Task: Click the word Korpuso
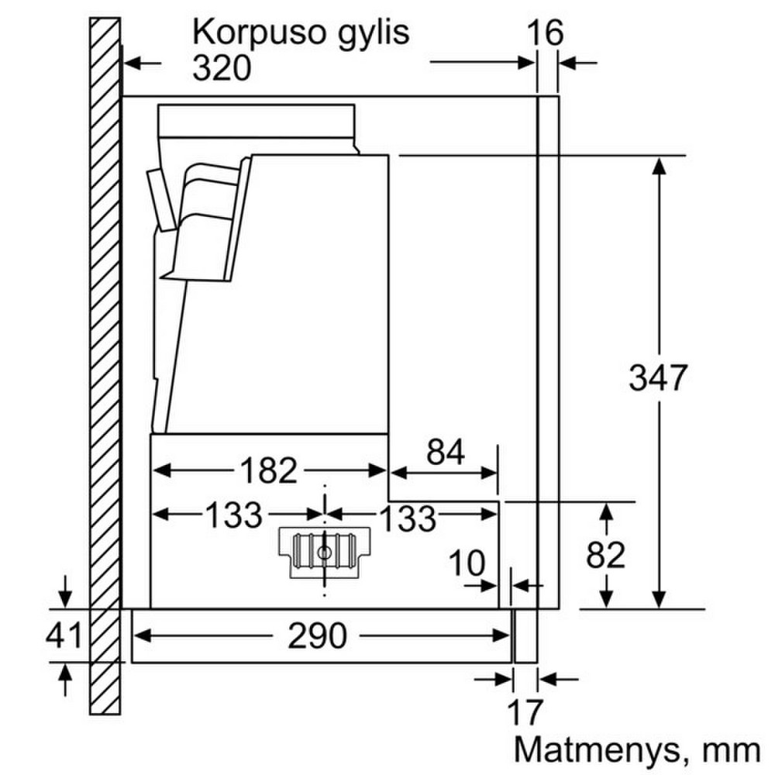259,33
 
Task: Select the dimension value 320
222,67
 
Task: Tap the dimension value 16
545,33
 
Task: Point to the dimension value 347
658,377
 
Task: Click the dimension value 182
268,470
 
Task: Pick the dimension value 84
446,452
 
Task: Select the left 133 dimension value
233,515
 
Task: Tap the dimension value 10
467,563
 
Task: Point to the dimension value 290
317,635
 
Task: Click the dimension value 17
525,712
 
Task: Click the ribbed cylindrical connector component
324,551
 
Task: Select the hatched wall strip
105,366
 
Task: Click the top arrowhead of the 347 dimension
658,166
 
